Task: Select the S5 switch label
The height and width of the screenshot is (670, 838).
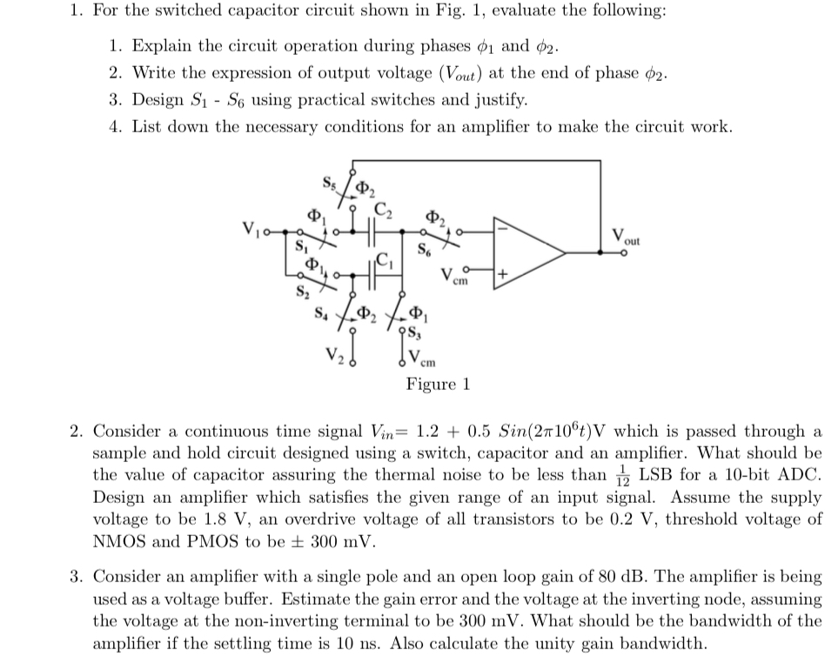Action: click(329, 184)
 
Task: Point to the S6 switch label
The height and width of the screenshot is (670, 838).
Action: click(425, 253)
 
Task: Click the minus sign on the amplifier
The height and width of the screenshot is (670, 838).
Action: click(503, 226)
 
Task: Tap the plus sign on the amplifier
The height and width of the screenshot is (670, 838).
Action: click(502, 276)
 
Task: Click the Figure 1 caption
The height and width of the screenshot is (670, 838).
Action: click(438, 384)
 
